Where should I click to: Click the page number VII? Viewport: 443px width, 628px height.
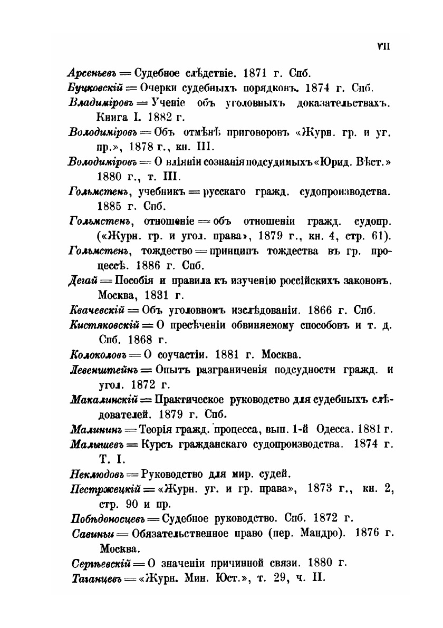click(x=383, y=46)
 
